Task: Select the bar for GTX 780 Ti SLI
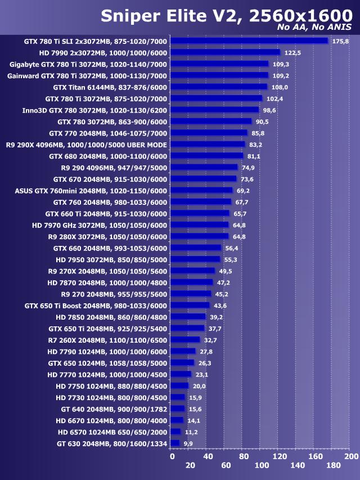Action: tap(249, 41)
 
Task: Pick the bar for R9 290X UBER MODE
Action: tap(208, 145)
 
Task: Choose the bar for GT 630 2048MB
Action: tap(174, 443)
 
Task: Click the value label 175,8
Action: tap(340, 41)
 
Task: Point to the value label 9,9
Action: tap(188, 443)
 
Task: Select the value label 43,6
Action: tap(220, 306)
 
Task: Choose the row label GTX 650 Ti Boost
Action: tap(96, 306)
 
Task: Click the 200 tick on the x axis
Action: tap(351, 456)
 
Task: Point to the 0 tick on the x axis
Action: tap(172, 456)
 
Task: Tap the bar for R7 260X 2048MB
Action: tap(185, 340)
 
